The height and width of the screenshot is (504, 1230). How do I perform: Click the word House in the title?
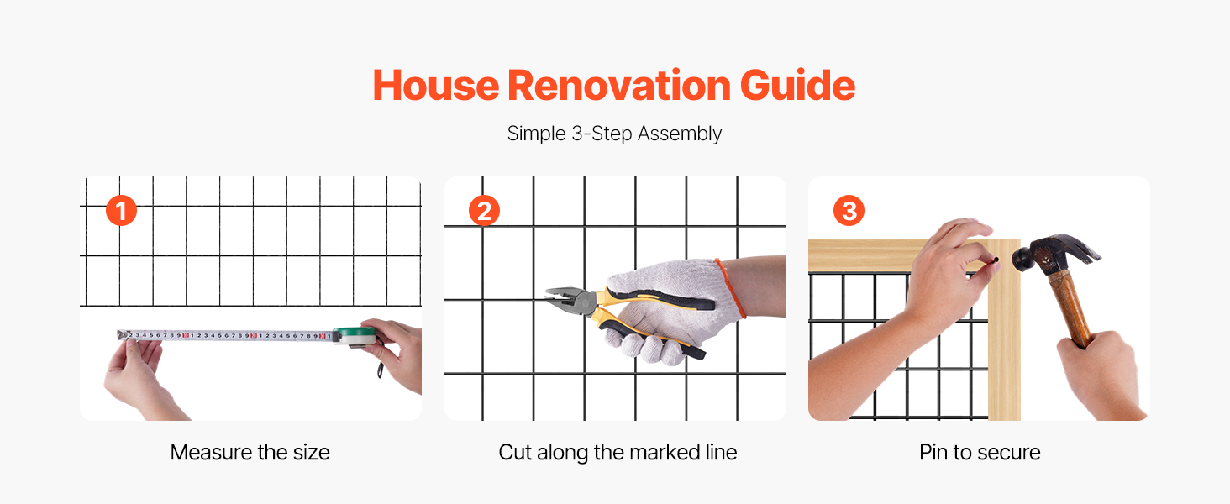pos(436,86)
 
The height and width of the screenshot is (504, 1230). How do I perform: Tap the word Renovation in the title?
pos(619,86)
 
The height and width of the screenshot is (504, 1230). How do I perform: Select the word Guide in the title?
pos(797,86)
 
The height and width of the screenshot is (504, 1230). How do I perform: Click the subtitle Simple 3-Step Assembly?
pos(614,134)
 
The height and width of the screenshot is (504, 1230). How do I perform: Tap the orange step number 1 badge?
pos(121,211)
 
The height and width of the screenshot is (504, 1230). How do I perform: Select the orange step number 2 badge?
pos(484,211)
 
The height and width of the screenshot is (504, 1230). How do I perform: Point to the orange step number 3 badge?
pos(849,211)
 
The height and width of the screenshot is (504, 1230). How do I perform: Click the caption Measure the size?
pos(250,453)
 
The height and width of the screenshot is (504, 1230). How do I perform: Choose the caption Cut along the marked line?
pos(618,453)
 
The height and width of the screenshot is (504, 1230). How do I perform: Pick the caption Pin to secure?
pos(980,453)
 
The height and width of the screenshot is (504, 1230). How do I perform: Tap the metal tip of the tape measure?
pos(122,334)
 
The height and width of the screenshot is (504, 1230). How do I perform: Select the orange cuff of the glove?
pos(730,288)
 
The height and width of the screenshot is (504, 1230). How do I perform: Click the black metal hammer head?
pos(1052,252)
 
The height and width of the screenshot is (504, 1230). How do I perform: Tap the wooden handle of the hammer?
pos(1070,307)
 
